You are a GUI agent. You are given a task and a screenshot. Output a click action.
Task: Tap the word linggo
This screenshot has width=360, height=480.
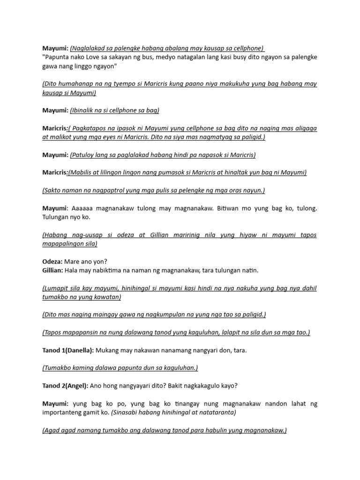[x=81, y=66]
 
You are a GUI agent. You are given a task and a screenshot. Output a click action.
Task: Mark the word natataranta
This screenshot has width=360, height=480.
[x=213, y=413]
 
